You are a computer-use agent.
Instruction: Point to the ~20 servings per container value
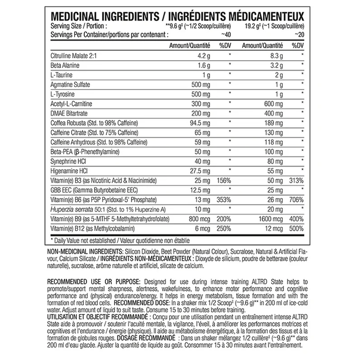point(298,34)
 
